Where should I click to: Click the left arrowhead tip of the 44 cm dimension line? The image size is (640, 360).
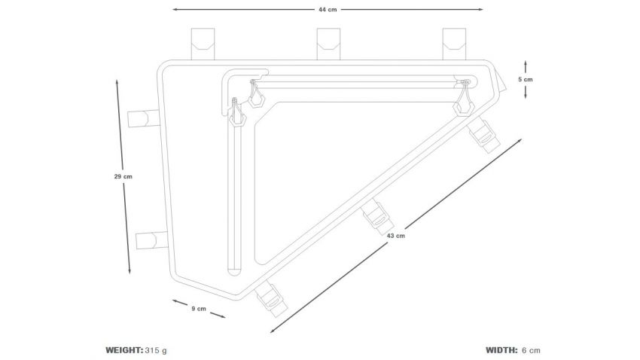click(172, 9)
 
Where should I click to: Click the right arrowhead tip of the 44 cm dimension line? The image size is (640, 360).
click(483, 9)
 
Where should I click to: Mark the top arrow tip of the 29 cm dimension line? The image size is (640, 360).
click(117, 80)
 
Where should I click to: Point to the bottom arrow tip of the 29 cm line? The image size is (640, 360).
click(130, 274)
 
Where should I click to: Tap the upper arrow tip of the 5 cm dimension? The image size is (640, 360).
click(526, 61)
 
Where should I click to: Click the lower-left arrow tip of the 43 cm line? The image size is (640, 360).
click(270, 333)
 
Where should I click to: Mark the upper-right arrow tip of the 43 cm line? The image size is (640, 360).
click(522, 139)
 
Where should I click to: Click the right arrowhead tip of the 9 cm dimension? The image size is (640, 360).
click(225, 317)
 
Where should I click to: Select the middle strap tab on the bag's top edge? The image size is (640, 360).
click(328, 44)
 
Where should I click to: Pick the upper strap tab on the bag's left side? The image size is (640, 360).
click(143, 118)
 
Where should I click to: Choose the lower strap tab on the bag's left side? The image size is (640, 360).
click(152, 240)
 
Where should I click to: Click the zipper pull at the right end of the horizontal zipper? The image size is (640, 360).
click(464, 100)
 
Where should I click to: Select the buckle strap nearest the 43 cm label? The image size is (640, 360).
click(379, 218)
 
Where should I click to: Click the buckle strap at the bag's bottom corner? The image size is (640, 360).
click(270, 300)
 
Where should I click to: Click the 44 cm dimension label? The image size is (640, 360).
click(328, 9)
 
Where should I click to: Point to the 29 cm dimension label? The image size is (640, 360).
click(123, 177)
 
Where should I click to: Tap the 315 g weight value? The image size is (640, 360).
click(156, 350)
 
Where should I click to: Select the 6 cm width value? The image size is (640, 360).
click(531, 350)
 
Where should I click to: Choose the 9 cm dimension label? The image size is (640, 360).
click(199, 309)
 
